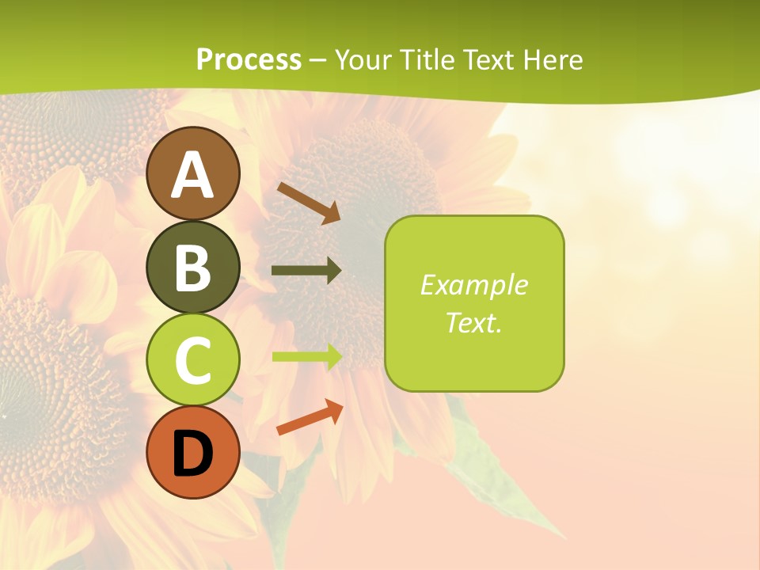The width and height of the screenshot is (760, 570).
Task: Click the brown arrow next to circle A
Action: pos(309,202)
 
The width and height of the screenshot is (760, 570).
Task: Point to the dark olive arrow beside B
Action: pos(306,271)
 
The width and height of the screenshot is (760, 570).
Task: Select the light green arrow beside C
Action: pos(307,356)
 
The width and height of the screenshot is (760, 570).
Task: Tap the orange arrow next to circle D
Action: pos(310,417)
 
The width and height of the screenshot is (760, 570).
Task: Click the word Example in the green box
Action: pos(474,285)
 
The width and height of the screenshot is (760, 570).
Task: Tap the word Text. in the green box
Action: pos(474,323)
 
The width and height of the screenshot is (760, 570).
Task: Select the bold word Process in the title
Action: pos(249,59)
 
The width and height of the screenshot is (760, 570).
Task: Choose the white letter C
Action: pos(193,361)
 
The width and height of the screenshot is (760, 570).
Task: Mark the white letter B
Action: pos(193,268)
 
